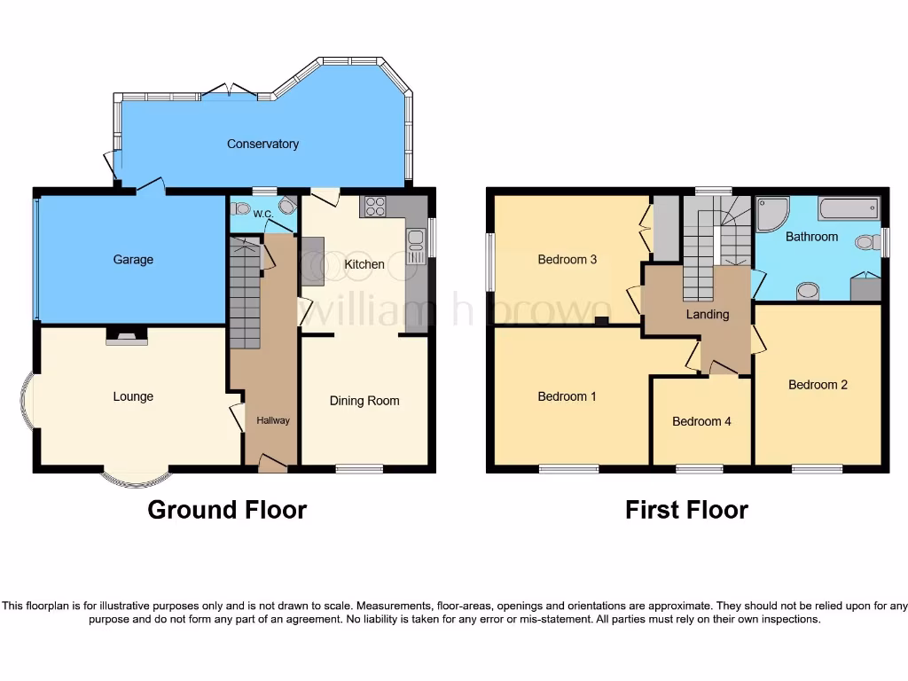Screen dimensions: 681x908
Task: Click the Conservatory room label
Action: tap(262, 144)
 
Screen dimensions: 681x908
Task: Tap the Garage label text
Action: tap(133, 260)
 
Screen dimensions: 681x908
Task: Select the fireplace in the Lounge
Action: tap(127, 336)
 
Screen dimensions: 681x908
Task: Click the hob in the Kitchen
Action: tap(375, 207)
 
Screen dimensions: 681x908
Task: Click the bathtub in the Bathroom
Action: tap(849, 209)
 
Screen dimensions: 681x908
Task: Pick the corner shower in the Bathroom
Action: tap(771, 213)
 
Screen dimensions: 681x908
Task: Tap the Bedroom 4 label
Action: tap(701, 421)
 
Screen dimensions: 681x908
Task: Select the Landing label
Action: tap(708, 314)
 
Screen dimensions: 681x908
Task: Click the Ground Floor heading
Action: tap(227, 510)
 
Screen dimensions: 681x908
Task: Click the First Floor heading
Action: tap(686, 510)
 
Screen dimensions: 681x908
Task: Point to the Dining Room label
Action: tap(364, 401)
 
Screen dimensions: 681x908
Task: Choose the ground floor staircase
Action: tap(245, 293)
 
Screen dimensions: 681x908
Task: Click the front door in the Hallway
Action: tap(272, 461)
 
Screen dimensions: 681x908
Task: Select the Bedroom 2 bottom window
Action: tap(817, 468)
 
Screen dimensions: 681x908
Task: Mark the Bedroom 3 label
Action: tap(567, 260)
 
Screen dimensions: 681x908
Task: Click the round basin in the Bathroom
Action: tap(807, 291)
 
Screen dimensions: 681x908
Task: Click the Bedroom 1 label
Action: tap(567, 396)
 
